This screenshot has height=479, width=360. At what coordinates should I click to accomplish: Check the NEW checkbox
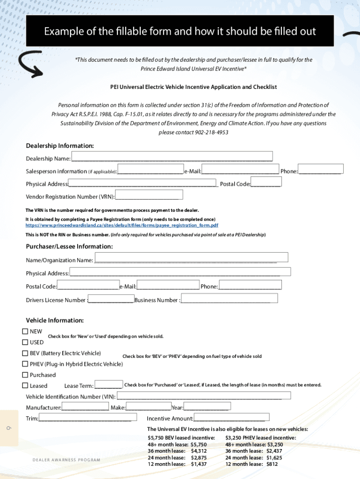pyautogui.click(x=25, y=331)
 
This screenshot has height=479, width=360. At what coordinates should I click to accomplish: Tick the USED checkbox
pyautogui.click(x=25, y=342)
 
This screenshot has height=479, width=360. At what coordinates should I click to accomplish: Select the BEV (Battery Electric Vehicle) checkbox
pyautogui.click(x=25, y=353)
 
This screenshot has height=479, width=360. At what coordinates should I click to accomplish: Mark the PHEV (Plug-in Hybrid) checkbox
pyautogui.click(x=25, y=364)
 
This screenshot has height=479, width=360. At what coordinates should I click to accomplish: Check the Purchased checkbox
pyautogui.click(x=25, y=375)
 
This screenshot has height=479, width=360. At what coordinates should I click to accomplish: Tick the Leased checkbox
pyautogui.click(x=25, y=385)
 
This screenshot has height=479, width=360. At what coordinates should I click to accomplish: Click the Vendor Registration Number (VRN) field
pyautogui.click(x=149, y=195)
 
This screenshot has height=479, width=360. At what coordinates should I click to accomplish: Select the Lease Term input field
pyautogui.click(x=108, y=385)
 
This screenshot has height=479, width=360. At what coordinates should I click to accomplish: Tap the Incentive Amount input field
pyautogui.click(x=231, y=417)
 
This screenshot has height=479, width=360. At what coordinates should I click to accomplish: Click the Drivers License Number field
pyautogui.click(x=111, y=299)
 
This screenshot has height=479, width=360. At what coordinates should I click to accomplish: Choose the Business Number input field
pyautogui.click(x=229, y=298)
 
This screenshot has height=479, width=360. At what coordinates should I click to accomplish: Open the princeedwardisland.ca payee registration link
pyautogui.click(x=122, y=225)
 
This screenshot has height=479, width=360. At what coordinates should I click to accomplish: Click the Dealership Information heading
pyautogui.click(x=60, y=146)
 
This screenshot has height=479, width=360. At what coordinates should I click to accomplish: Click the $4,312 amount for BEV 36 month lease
pyautogui.click(x=199, y=451)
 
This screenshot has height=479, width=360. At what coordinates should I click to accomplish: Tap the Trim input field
pyautogui.click(x=88, y=418)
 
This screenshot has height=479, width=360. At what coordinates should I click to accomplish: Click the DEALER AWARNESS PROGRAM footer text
pyautogui.click(x=66, y=460)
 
